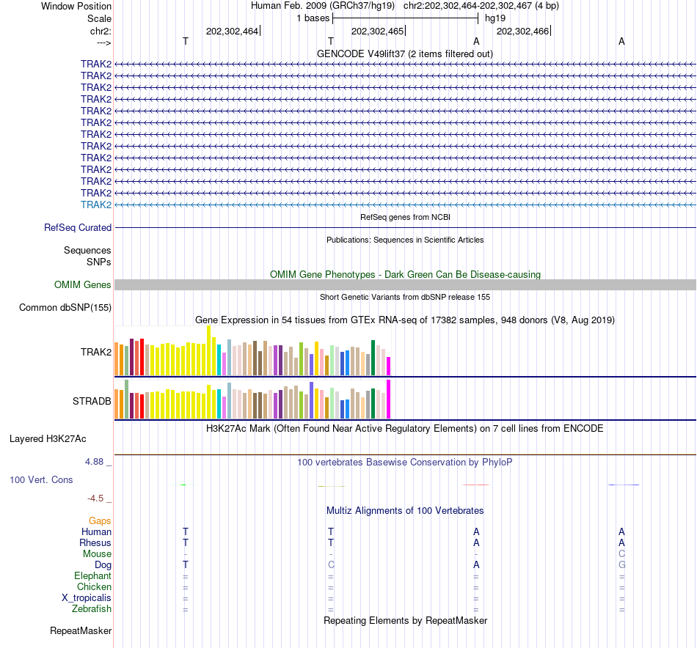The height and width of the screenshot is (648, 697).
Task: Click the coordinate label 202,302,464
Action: pyautogui.click(x=232, y=32)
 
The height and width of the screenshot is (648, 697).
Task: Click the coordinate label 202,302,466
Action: pyautogui.click(x=522, y=32)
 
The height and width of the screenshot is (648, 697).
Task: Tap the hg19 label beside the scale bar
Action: pyautogui.click(x=495, y=18)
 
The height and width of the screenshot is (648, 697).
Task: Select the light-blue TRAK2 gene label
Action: pyautogui.click(x=96, y=205)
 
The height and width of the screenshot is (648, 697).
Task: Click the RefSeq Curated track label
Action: pyautogui.click(x=78, y=228)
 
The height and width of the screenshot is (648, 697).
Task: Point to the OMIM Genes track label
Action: pyautogui.click(x=83, y=284)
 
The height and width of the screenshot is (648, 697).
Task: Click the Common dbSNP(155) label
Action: pyautogui.click(x=65, y=308)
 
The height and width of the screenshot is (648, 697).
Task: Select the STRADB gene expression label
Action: pyautogui.click(x=92, y=402)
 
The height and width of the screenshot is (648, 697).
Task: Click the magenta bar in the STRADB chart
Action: pyautogui.click(x=389, y=399)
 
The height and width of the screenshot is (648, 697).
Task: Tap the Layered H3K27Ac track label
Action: pyautogui.click(x=48, y=439)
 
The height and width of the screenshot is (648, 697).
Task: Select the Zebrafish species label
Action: pyautogui.click(x=92, y=609)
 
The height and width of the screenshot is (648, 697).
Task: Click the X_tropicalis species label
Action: pyautogui.click(x=87, y=598)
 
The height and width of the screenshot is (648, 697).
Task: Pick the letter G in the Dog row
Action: pyautogui.click(x=621, y=565)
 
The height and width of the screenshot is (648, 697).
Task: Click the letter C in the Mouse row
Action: pyautogui.click(x=621, y=554)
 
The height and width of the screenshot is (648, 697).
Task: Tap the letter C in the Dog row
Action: pyautogui.click(x=331, y=565)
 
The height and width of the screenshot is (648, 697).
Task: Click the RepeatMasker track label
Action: pyautogui.click(x=81, y=630)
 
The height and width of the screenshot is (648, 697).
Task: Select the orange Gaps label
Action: pyautogui.click(x=100, y=520)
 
